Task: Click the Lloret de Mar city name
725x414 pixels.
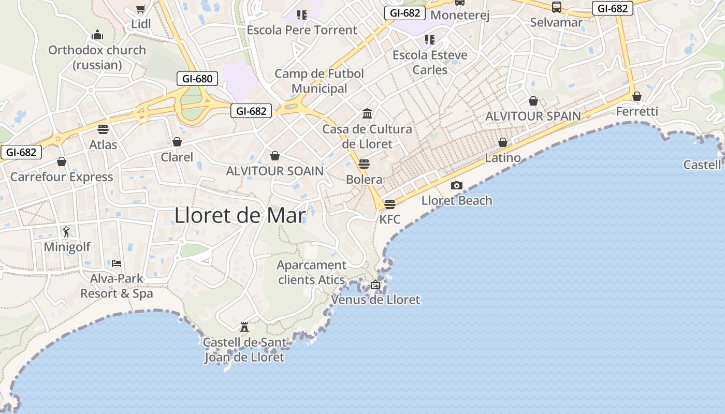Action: coord(240,215)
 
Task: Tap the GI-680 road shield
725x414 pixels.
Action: coord(197,79)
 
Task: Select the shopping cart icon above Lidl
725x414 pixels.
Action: coord(140,9)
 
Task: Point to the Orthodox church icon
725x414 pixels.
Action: coord(97,35)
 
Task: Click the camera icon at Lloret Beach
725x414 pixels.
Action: coord(456,185)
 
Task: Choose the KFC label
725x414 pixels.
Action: coord(390,219)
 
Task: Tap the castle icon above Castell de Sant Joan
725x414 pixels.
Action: coord(244,327)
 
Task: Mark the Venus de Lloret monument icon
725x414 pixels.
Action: coord(375,285)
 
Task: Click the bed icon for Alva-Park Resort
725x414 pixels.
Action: coord(117,263)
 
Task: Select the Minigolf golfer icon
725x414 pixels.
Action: coord(66,231)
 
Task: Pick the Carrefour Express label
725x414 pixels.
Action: coord(62,177)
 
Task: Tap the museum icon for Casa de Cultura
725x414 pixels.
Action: coord(367,113)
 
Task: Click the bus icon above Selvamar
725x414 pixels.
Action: coord(557,7)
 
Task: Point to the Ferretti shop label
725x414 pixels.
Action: coord(637,112)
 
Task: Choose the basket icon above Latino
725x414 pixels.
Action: coord(502,142)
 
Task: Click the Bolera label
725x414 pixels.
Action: coord(364,180)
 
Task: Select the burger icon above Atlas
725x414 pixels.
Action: coord(103,129)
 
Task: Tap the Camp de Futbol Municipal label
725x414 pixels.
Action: coord(319,81)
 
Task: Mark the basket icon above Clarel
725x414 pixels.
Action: coord(177,141)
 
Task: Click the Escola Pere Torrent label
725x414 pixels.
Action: coord(302,30)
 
